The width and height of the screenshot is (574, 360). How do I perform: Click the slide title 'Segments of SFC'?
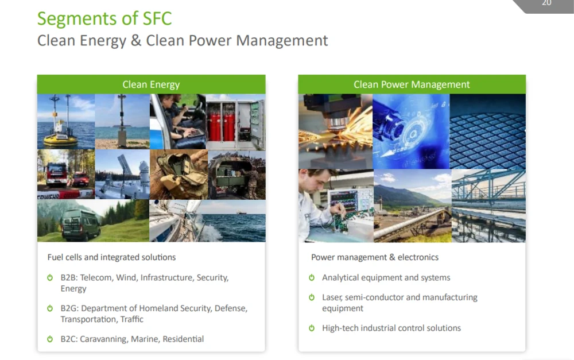104,18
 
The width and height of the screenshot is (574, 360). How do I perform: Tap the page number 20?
546,3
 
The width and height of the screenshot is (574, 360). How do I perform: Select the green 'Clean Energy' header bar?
151,84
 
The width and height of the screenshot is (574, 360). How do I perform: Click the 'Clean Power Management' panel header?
412,84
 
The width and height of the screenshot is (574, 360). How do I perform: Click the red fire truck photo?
66,175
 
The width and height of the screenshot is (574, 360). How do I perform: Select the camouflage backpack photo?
179,175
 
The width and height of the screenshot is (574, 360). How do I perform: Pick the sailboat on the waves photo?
208,221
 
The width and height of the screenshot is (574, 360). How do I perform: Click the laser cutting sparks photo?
335,131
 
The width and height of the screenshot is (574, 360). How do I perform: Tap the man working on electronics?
336,206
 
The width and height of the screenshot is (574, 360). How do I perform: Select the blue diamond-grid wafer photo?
487,131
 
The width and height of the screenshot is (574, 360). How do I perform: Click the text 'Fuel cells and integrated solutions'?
112,257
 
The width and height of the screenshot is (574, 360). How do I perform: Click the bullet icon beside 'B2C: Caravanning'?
50,339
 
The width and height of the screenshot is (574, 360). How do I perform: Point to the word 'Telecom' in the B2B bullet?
96,277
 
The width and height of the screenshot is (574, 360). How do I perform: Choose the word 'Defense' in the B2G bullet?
231,308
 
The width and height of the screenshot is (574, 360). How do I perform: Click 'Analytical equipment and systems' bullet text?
386,277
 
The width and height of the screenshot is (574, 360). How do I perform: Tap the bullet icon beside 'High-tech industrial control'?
312,328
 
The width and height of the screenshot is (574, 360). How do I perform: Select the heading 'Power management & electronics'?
375,257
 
